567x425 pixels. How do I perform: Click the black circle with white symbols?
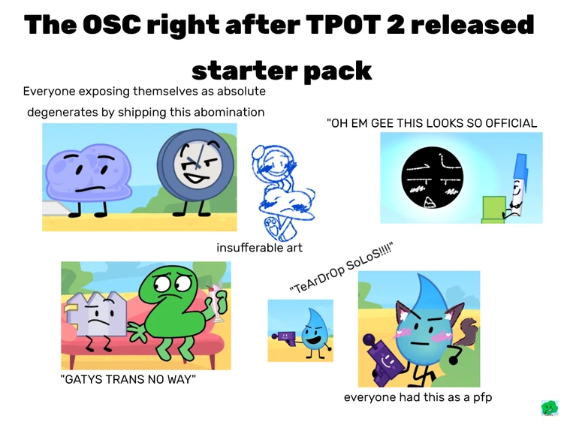point(433,179)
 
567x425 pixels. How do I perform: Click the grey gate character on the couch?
point(96,318)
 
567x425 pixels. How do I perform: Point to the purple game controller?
point(382,357)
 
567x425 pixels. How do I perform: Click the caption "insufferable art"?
point(259,247)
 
